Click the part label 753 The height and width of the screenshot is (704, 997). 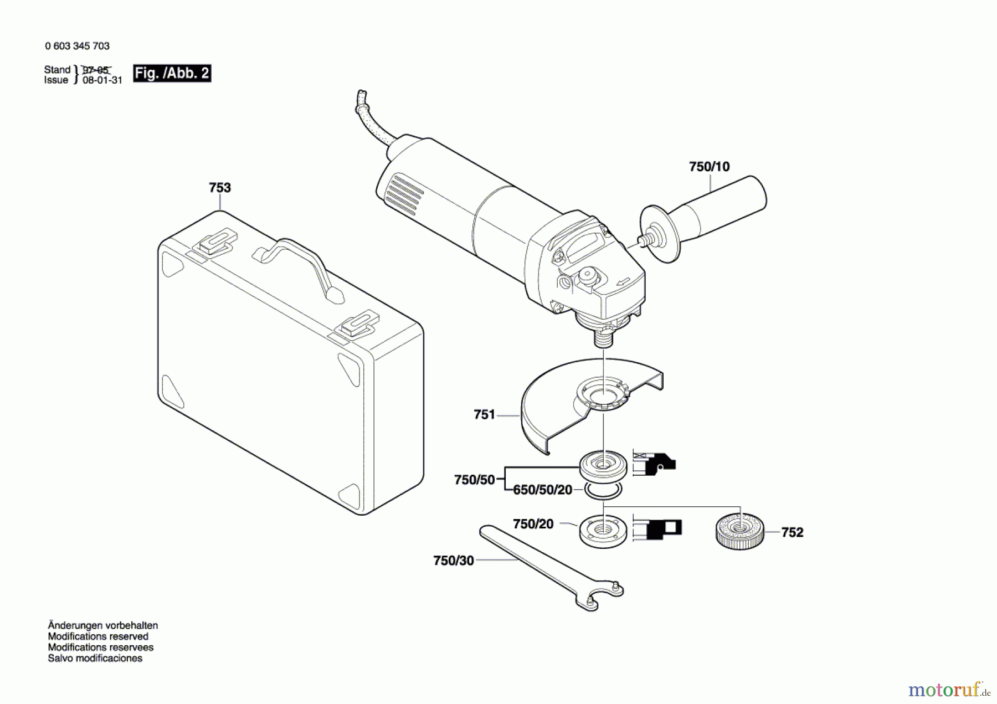point(220,188)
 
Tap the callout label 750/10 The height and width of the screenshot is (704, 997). point(709,167)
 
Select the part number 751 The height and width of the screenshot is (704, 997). point(484,414)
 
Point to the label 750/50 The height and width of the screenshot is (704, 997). point(474,480)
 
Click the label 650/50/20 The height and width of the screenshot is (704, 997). point(542,490)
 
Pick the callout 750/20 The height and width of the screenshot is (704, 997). point(533,524)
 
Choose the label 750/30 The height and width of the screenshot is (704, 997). point(454,561)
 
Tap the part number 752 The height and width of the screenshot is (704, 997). point(792,532)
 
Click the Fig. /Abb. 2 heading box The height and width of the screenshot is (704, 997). point(172,73)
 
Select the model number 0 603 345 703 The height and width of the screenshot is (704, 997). point(78,46)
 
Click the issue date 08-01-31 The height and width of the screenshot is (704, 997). point(102,80)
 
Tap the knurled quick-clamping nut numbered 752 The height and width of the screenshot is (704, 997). point(740,532)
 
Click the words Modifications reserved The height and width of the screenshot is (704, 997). point(98,636)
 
